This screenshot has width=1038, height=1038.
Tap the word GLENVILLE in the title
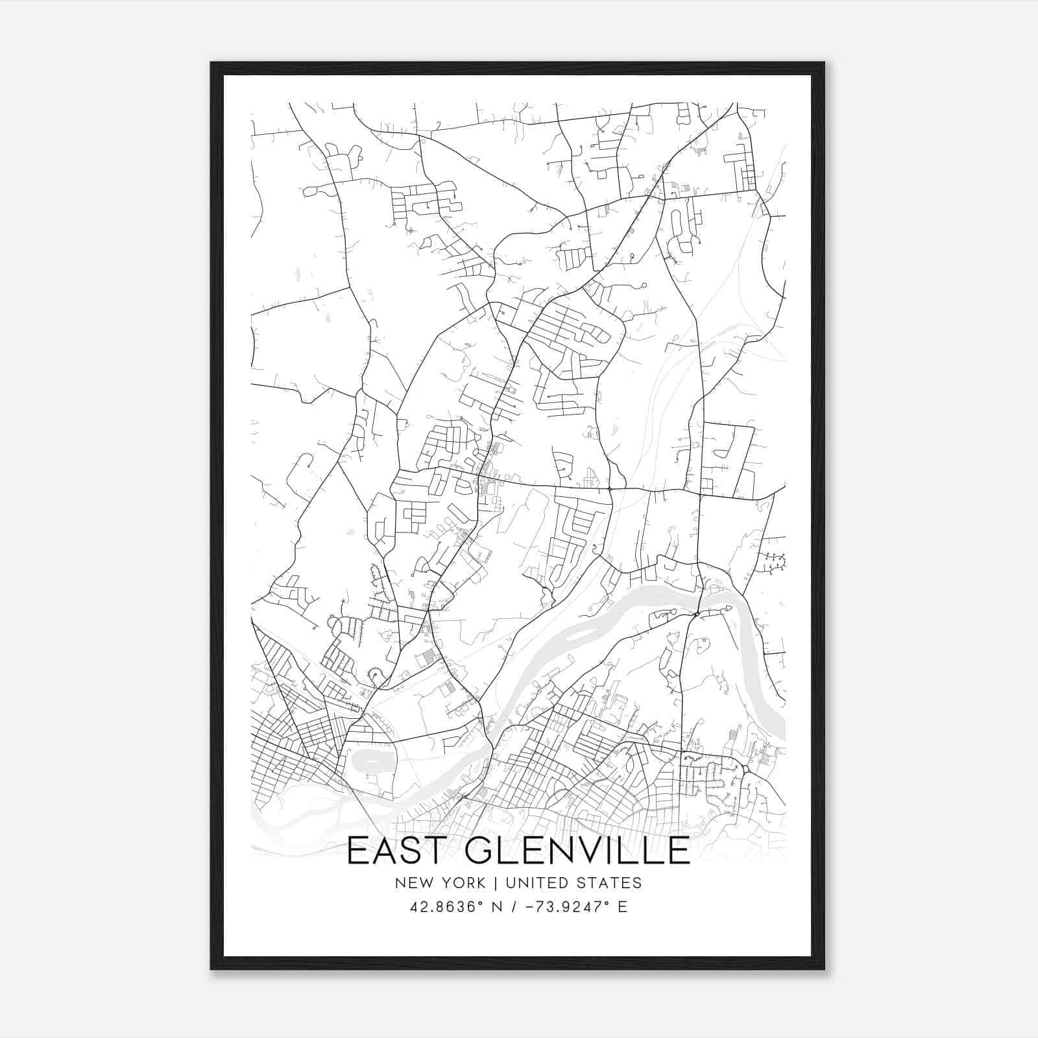tap(577, 851)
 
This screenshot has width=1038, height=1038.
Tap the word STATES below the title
tap(608, 883)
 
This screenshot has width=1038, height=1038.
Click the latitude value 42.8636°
tap(448, 907)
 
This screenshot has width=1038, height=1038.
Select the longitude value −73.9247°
tap(560, 907)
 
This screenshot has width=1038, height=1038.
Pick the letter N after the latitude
tap(498, 907)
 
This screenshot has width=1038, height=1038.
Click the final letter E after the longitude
tap(622, 907)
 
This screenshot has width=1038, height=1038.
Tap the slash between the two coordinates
tap(514, 907)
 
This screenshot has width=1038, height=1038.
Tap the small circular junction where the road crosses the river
tap(696, 614)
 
